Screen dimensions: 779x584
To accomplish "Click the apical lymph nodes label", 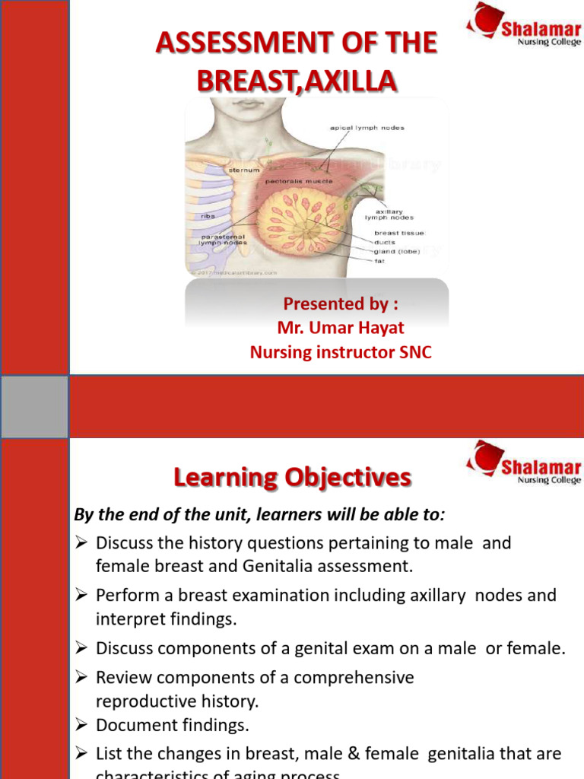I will (367, 128).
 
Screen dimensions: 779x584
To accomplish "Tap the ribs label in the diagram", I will (208, 216).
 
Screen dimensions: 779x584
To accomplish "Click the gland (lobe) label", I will (397, 251).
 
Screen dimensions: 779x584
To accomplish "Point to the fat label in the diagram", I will (379, 261).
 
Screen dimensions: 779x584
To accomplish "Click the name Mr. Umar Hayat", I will (341, 329).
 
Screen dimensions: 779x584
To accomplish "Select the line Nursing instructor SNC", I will (341, 353).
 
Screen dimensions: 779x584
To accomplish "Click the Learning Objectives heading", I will (293, 478).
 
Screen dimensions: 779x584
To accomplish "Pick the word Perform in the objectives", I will (125, 596).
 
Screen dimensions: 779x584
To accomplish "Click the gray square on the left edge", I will (34, 406).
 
